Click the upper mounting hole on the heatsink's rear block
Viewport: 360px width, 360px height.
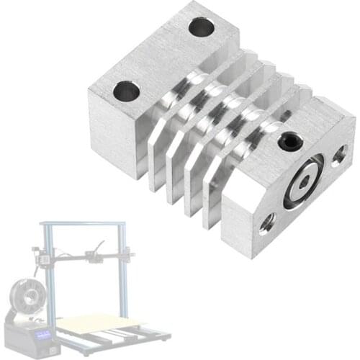pos(202,28)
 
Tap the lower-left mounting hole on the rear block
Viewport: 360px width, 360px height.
pos(127,91)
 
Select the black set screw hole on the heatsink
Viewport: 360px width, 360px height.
pos(289,141)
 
